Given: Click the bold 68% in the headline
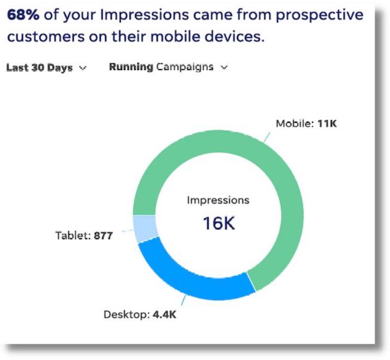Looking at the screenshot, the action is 23,14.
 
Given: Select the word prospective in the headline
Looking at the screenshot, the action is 320,15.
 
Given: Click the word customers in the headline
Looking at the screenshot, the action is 46,37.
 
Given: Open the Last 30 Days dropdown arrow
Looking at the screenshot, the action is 83,68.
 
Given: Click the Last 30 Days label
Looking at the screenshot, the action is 40,67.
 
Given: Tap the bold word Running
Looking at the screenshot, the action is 131,67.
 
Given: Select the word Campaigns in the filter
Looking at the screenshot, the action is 185,67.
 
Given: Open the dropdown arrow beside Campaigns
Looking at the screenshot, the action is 224,67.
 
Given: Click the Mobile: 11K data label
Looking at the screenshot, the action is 306,124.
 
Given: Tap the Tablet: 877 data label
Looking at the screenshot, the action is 84,235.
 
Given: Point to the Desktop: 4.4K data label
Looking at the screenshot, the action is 140,314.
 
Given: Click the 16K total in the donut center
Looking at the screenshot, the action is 219,223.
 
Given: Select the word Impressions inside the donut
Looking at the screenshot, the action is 218,200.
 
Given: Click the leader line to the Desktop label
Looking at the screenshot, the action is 184,300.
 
